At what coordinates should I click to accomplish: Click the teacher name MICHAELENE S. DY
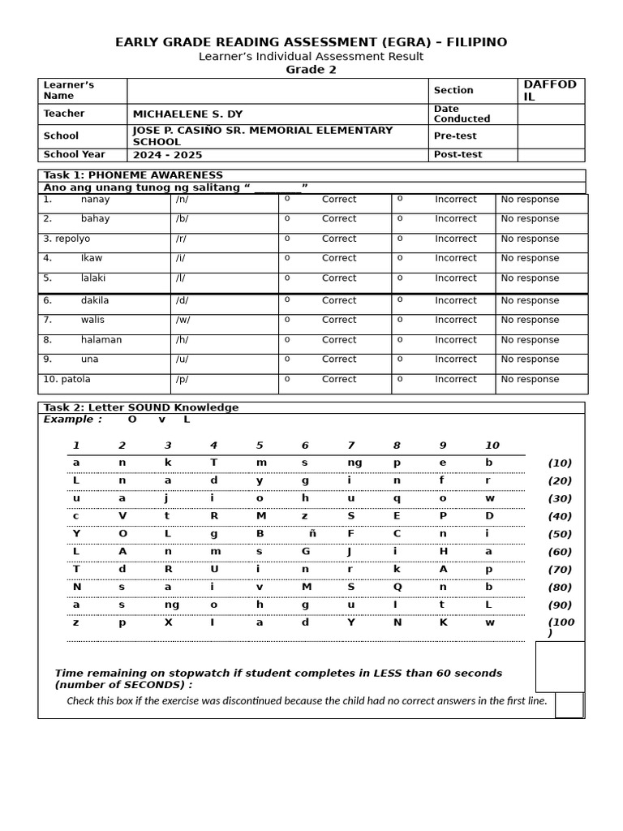(x=187, y=114)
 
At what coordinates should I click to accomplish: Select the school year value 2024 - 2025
(x=167, y=155)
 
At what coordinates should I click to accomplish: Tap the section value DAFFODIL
(x=550, y=91)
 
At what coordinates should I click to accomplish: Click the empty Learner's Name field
(x=277, y=91)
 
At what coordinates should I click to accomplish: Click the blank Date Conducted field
(x=550, y=114)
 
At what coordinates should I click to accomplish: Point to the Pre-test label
(x=455, y=136)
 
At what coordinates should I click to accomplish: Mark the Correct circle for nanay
(x=287, y=199)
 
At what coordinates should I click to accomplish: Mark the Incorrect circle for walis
(x=400, y=320)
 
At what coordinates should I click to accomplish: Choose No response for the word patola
(x=530, y=380)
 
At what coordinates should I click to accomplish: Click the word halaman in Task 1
(x=101, y=340)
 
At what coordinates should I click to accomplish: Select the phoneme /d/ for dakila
(x=183, y=301)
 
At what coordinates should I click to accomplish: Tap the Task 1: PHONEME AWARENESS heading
(x=133, y=175)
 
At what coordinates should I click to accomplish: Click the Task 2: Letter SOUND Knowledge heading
(x=141, y=408)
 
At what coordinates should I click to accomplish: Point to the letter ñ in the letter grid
(x=312, y=534)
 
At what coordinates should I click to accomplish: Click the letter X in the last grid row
(x=168, y=623)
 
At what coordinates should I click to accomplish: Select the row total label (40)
(x=560, y=517)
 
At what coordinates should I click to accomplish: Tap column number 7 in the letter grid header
(x=350, y=446)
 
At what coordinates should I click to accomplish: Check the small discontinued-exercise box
(x=569, y=705)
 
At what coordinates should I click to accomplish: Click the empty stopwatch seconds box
(x=560, y=666)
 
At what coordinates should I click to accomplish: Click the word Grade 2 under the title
(x=311, y=70)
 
